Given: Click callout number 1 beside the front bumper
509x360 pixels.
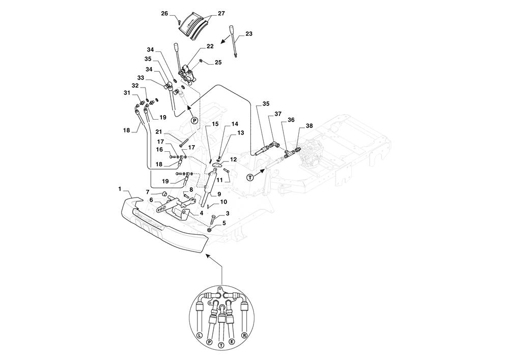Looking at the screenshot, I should [120, 189].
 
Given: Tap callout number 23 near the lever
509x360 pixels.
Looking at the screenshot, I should [248, 34].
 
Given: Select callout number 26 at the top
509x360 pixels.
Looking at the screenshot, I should [165, 13].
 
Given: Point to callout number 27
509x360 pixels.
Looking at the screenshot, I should [221, 14].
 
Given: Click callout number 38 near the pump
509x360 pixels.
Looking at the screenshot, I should [309, 125].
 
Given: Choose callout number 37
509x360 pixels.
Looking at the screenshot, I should [278, 114].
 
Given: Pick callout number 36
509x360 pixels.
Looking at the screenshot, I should [291, 120].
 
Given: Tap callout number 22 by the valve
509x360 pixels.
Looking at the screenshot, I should [210, 46].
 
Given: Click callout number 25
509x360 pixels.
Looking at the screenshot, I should [218, 62].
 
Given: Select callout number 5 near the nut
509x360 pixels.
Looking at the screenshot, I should [224, 223].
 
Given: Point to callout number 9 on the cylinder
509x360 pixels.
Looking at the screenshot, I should [218, 193].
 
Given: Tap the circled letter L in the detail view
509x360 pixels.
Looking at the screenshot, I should [199, 335].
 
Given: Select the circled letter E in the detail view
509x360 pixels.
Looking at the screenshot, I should [232, 343].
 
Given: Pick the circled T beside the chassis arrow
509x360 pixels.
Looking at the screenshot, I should [250, 177].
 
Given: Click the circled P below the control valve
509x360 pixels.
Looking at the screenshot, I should [194, 121].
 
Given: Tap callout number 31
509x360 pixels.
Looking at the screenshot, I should [127, 93].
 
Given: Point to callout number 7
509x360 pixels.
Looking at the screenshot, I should [148, 192].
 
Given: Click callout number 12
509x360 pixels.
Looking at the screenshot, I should [234, 159].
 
